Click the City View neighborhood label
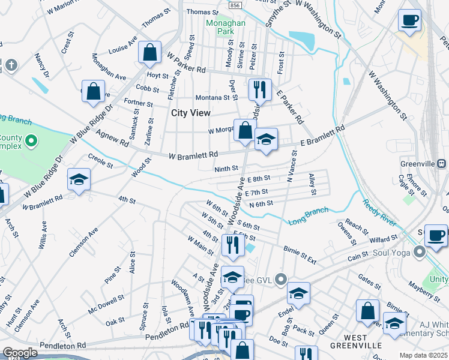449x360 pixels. point(191,113)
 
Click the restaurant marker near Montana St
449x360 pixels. point(260,90)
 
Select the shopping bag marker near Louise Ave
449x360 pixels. point(150,52)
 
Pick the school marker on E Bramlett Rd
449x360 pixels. point(266,139)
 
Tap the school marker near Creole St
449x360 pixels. point(79,179)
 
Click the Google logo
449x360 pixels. point(20,353)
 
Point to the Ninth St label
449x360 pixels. point(226,169)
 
